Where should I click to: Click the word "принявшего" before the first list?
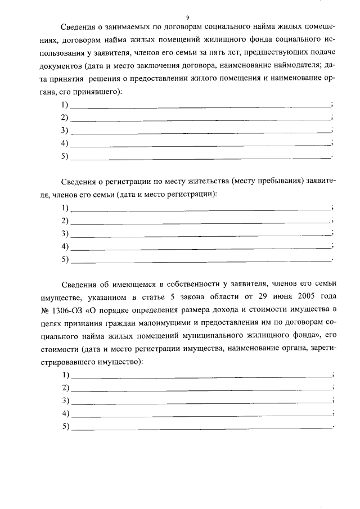(98, 91)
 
